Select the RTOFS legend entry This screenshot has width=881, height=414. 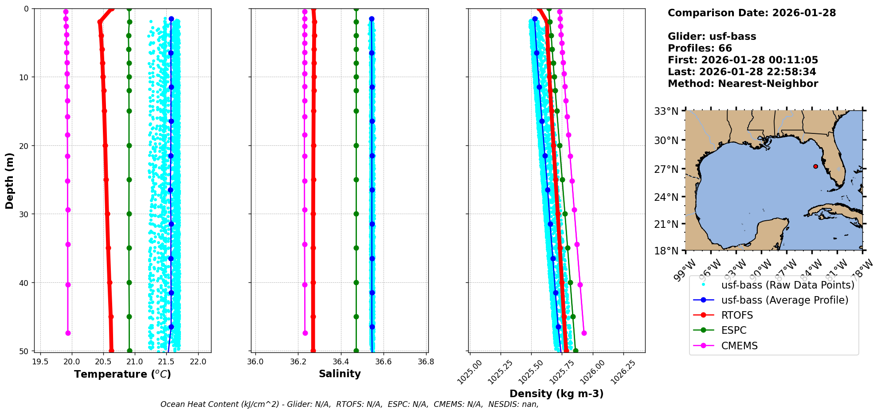[x=737, y=315]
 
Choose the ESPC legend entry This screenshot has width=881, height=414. [x=734, y=330]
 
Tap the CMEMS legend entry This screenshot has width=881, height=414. [x=739, y=346]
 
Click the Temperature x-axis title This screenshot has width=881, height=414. [x=122, y=374]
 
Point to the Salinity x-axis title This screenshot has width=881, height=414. [x=340, y=374]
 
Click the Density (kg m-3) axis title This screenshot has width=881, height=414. [x=556, y=394]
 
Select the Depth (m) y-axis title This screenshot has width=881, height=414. [x=9, y=180]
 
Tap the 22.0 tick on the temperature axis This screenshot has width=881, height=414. [x=198, y=362]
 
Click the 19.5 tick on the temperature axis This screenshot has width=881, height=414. [x=40, y=362]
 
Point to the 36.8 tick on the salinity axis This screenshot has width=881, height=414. [x=426, y=362]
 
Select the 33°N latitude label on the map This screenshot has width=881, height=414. [x=666, y=111]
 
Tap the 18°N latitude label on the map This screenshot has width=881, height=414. [x=666, y=251]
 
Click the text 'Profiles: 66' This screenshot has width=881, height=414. [x=700, y=48]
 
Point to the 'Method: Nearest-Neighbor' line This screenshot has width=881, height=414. [x=743, y=84]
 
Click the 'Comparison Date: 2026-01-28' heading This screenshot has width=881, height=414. [x=752, y=13]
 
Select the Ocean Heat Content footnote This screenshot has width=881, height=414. [x=349, y=404]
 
